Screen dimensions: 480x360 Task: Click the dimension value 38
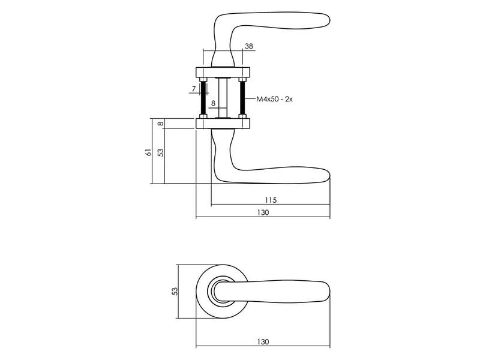click(x=249, y=46)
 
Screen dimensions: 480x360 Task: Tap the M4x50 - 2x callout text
click(x=275, y=99)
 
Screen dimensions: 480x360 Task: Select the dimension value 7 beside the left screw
click(x=193, y=89)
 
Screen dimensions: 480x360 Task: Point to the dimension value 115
click(x=271, y=200)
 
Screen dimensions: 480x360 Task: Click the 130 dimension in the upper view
click(x=263, y=212)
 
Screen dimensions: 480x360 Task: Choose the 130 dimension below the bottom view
click(x=263, y=341)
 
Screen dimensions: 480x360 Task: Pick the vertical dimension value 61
click(x=148, y=152)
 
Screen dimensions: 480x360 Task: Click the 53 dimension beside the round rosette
click(x=175, y=291)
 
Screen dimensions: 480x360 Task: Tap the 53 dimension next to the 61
click(x=160, y=152)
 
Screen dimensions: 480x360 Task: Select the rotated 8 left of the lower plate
click(x=160, y=124)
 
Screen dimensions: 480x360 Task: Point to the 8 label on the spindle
click(x=213, y=103)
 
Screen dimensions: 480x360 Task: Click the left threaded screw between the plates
click(x=203, y=98)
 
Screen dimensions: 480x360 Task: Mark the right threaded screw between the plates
click(x=242, y=98)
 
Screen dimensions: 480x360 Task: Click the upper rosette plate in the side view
click(x=223, y=72)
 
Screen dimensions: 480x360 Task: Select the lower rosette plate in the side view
click(x=223, y=124)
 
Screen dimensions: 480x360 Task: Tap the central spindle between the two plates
click(x=223, y=98)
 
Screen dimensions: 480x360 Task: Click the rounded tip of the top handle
click(x=329, y=20)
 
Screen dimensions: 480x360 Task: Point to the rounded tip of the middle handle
click(x=329, y=175)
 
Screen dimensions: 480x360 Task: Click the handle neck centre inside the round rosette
click(x=222, y=292)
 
